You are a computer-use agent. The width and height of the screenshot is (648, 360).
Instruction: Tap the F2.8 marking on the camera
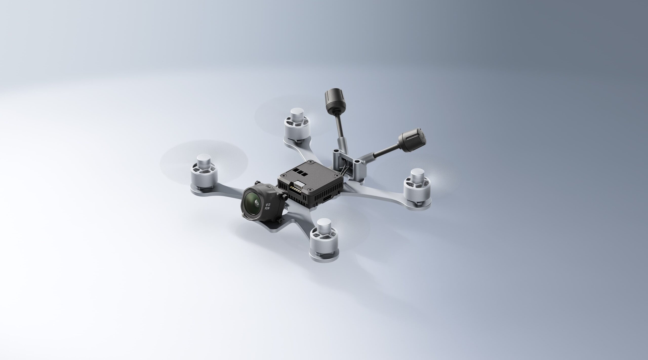pos(267,208)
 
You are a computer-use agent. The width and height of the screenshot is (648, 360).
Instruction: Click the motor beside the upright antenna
pos(296,123)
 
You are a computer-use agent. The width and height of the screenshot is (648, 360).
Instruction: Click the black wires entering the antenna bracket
pos(343,170)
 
